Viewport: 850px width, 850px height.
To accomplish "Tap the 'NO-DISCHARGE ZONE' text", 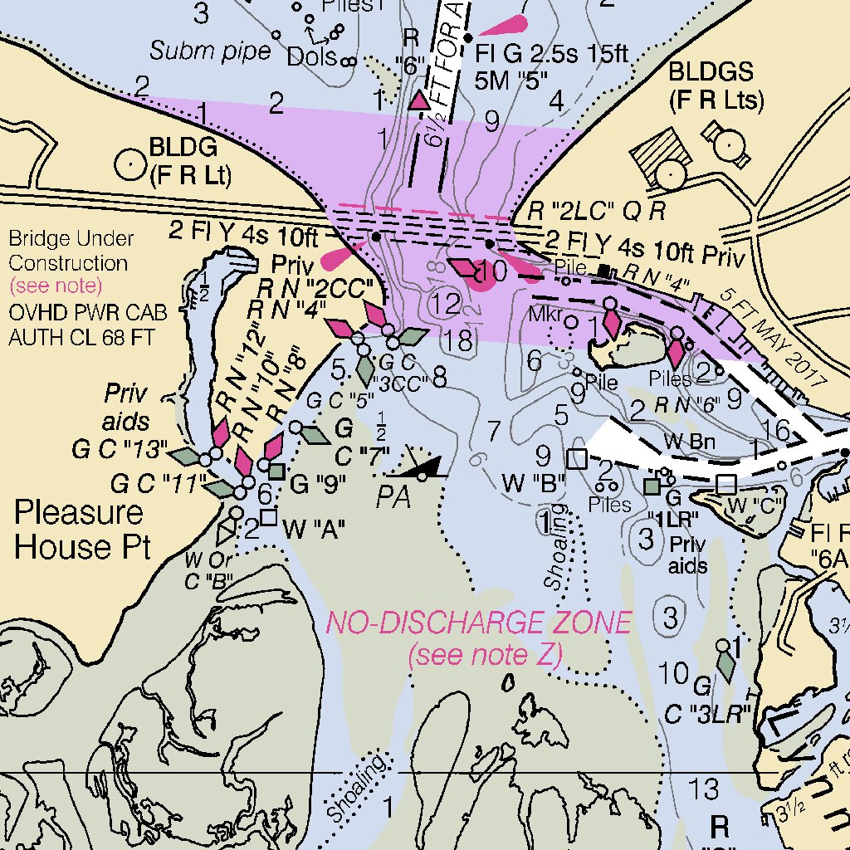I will pyautogui.click(x=479, y=622).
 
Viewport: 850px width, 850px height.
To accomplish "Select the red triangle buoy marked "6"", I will pyautogui.click(x=419, y=100).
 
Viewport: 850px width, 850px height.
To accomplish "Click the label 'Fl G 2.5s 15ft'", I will pyautogui.click(x=552, y=54).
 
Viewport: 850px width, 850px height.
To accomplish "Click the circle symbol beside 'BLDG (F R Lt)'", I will pyautogui.click(x=129, y=164).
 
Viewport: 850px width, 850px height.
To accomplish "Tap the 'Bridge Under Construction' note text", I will pyautogui.click(x=71, y=251).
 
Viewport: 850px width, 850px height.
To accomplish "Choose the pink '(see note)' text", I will pyautogui.click(x=56, y=286).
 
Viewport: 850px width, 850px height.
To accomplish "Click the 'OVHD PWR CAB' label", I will pyautogui.click(x=88, y=314).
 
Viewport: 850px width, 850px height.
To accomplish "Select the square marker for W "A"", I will pyautogui.click(x=268, y=517).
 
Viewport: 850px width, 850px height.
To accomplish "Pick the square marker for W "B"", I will pyautogui.click(x=576, y=458).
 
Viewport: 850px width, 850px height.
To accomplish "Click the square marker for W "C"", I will pyautogui.click(x=726, y=483).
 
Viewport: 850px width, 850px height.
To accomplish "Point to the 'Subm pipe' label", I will pyautogui.click(x=210, y=51).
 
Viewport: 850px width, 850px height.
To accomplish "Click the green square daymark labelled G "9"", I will pyautogui.click(x=277, y=471).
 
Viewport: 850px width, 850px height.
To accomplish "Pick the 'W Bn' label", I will pyautogui.click(x=689, y=442).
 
